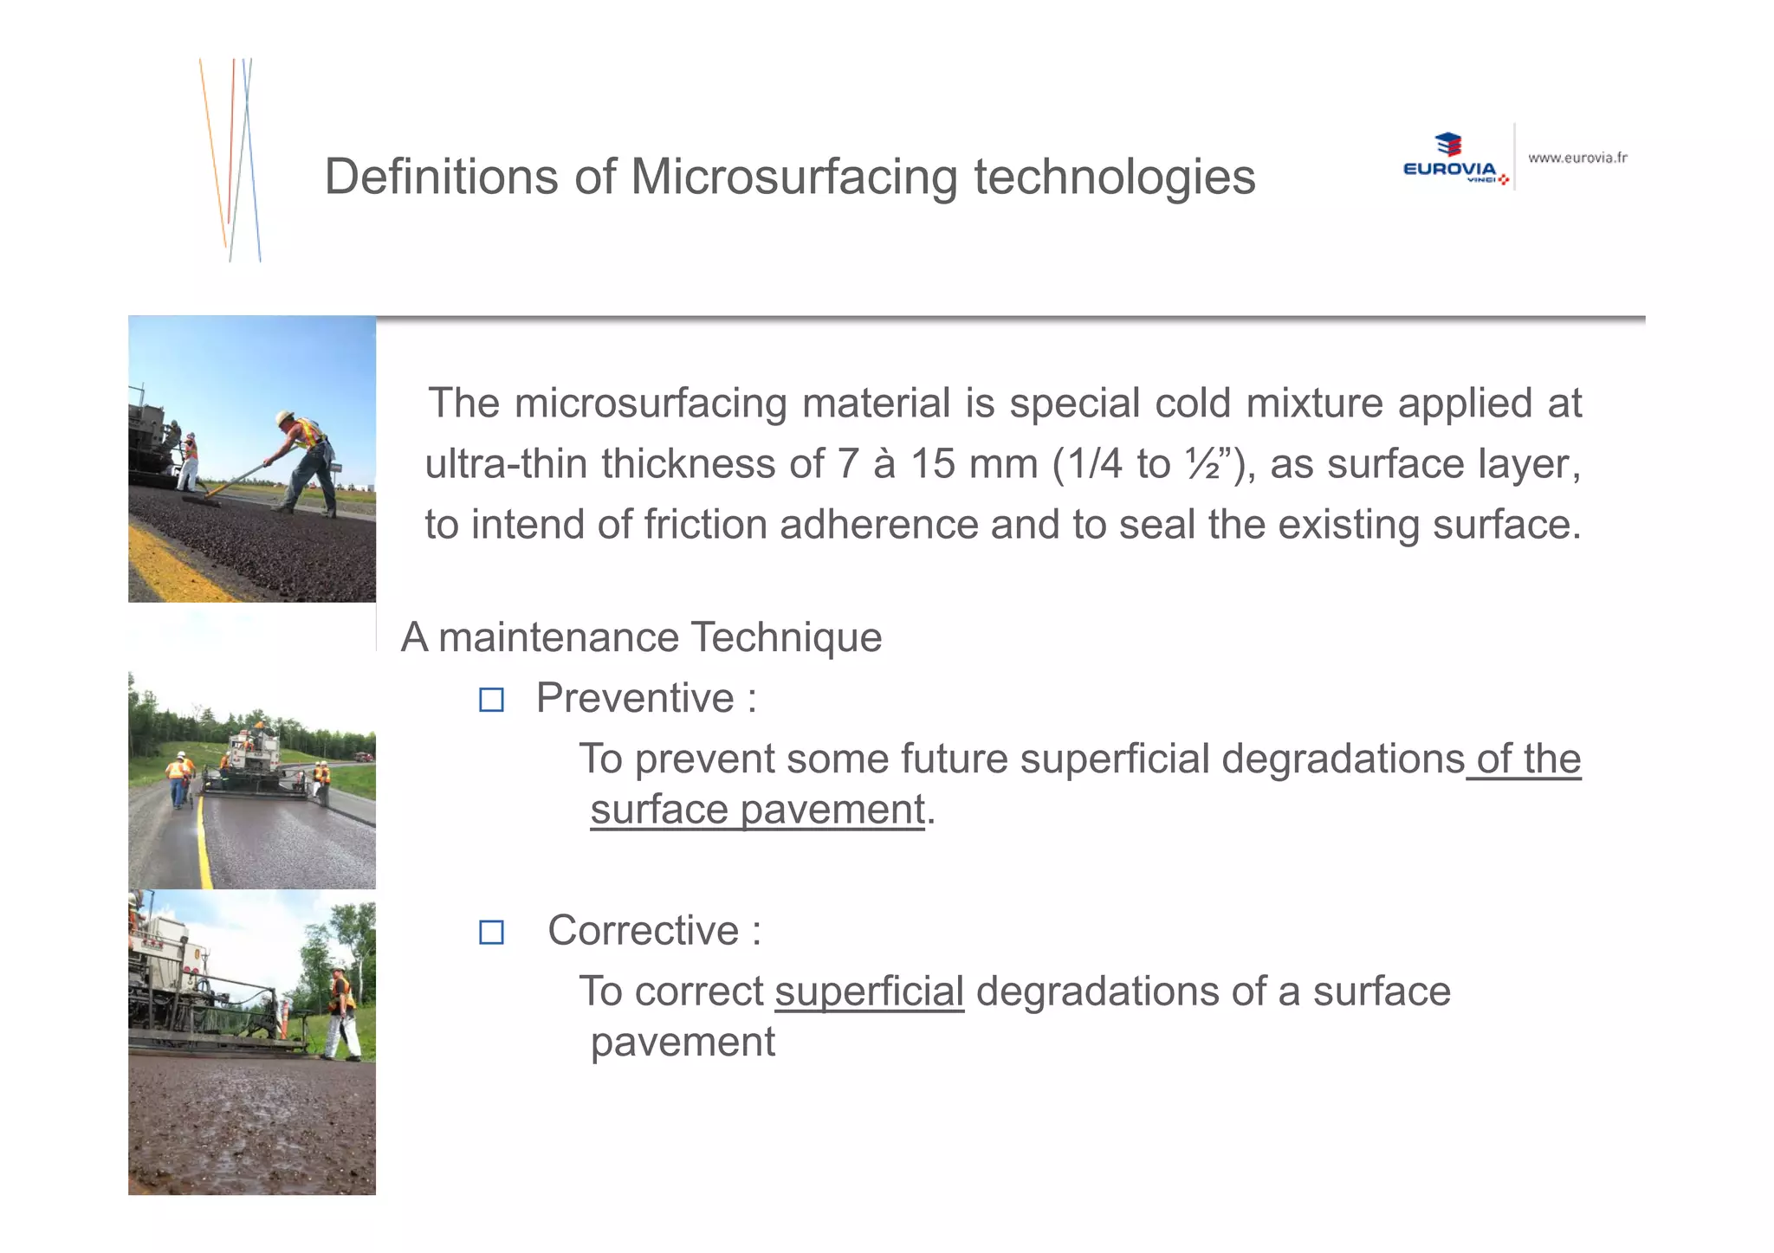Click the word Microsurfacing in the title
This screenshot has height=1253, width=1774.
coord(793,178)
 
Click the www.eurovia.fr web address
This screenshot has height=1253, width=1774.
coord(1577,158)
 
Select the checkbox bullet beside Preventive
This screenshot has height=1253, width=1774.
coord(491,700)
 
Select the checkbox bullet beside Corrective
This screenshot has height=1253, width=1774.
coord(491,933)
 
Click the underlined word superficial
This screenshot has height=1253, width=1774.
coord(869,991)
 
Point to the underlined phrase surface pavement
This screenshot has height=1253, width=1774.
coord(757,811)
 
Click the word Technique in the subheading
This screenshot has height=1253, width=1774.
coord(786,638)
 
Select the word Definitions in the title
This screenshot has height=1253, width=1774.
coord(441,178)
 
